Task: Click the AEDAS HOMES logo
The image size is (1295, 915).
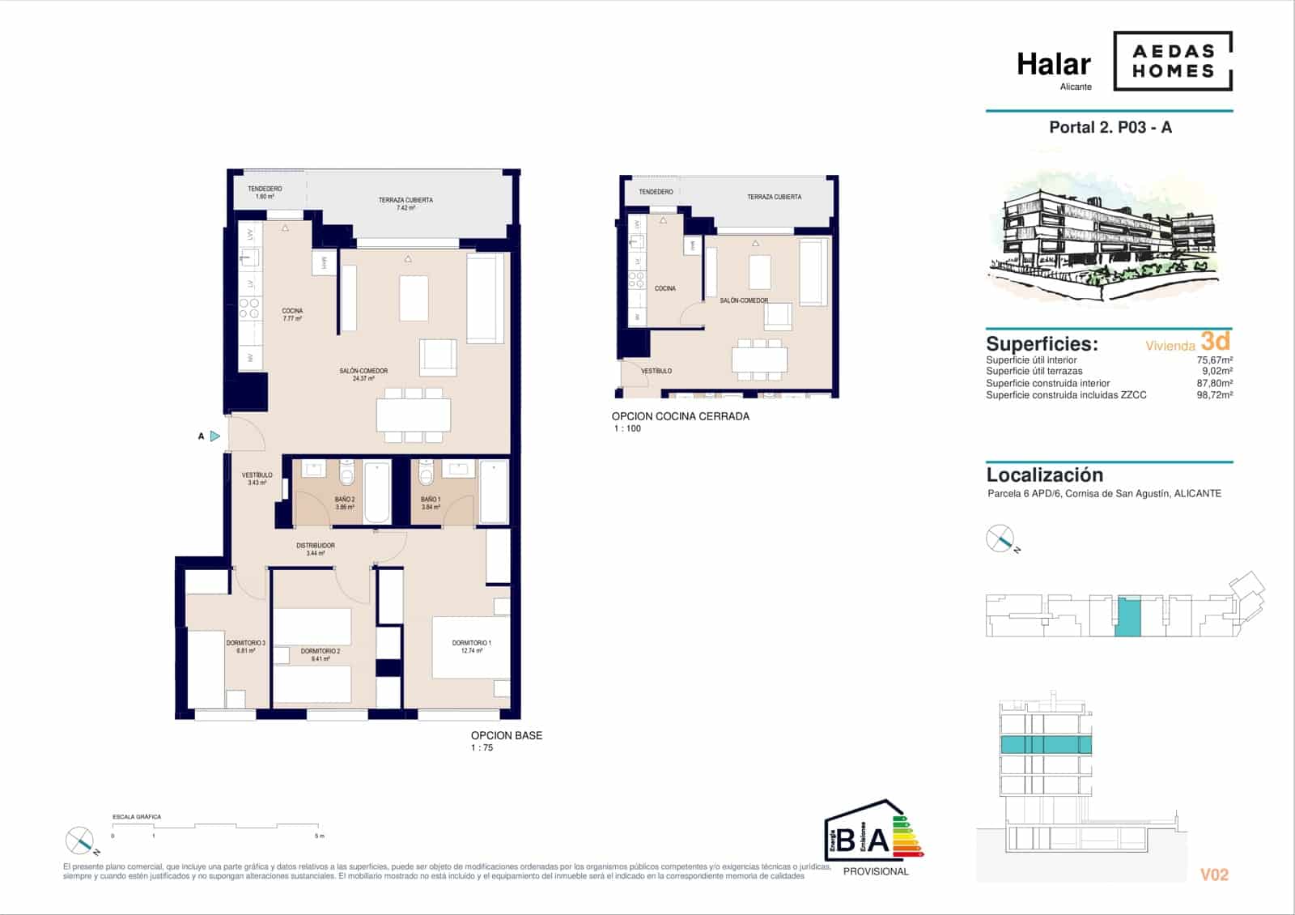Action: click(x=1173, y=61)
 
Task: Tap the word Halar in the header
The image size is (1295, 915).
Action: click(x=1053, y=64)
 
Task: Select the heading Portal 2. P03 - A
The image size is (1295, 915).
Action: click(x=1110, y=127)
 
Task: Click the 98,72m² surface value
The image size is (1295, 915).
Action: click(x=1214, y=395)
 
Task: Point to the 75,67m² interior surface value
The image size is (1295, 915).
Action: click(x=1214, y=360)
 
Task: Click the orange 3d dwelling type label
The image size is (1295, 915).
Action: click(x=1215, y=341)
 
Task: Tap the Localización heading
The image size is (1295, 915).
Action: click(x=1044, y=475)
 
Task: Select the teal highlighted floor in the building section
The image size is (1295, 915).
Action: click(x=1046, y=745)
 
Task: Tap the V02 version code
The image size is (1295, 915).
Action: click(x=1214, y=875)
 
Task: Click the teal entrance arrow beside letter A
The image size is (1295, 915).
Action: click(x=214, y=436)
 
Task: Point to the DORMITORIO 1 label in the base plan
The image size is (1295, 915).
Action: click(x=471, y=643)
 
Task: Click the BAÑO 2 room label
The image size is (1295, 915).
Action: click(x=344, y=500)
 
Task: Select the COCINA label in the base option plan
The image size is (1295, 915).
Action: click(x=292, y=311)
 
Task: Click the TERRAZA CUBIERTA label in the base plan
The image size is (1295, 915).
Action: click(x=405, y=200)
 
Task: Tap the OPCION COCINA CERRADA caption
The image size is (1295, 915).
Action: click(x=680, y=416)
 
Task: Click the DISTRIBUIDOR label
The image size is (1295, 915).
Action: click(x=316, y=546)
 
